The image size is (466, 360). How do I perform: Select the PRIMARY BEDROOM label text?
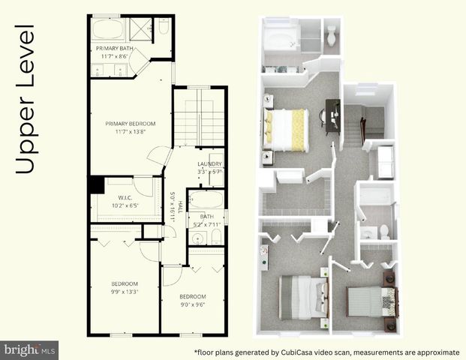coord(130,123)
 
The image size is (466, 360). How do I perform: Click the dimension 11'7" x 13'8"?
coord(130,132)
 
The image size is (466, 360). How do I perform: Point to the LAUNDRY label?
coord(209,163)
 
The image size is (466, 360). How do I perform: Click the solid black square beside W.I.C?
coord(95,184)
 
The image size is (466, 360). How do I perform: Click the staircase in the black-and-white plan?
coord(200,120)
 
